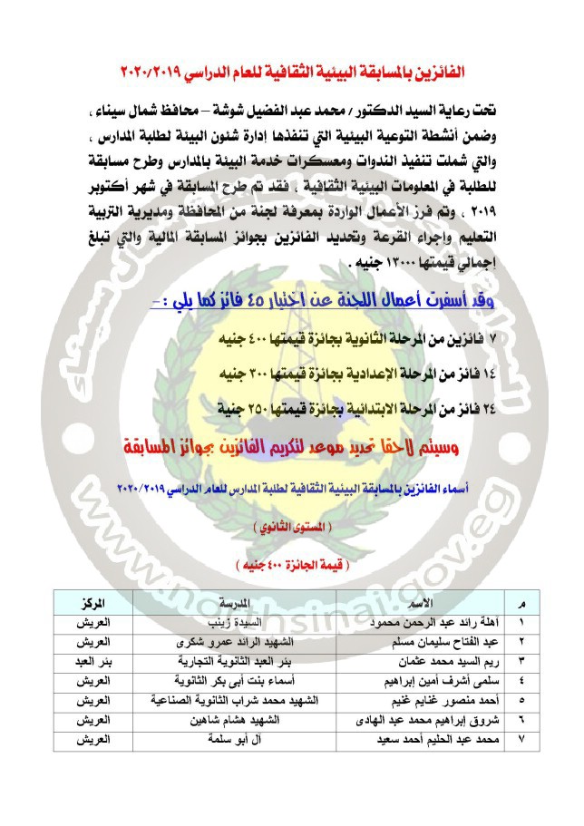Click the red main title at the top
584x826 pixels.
[292, 70]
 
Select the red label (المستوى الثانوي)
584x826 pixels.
[292, 526]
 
